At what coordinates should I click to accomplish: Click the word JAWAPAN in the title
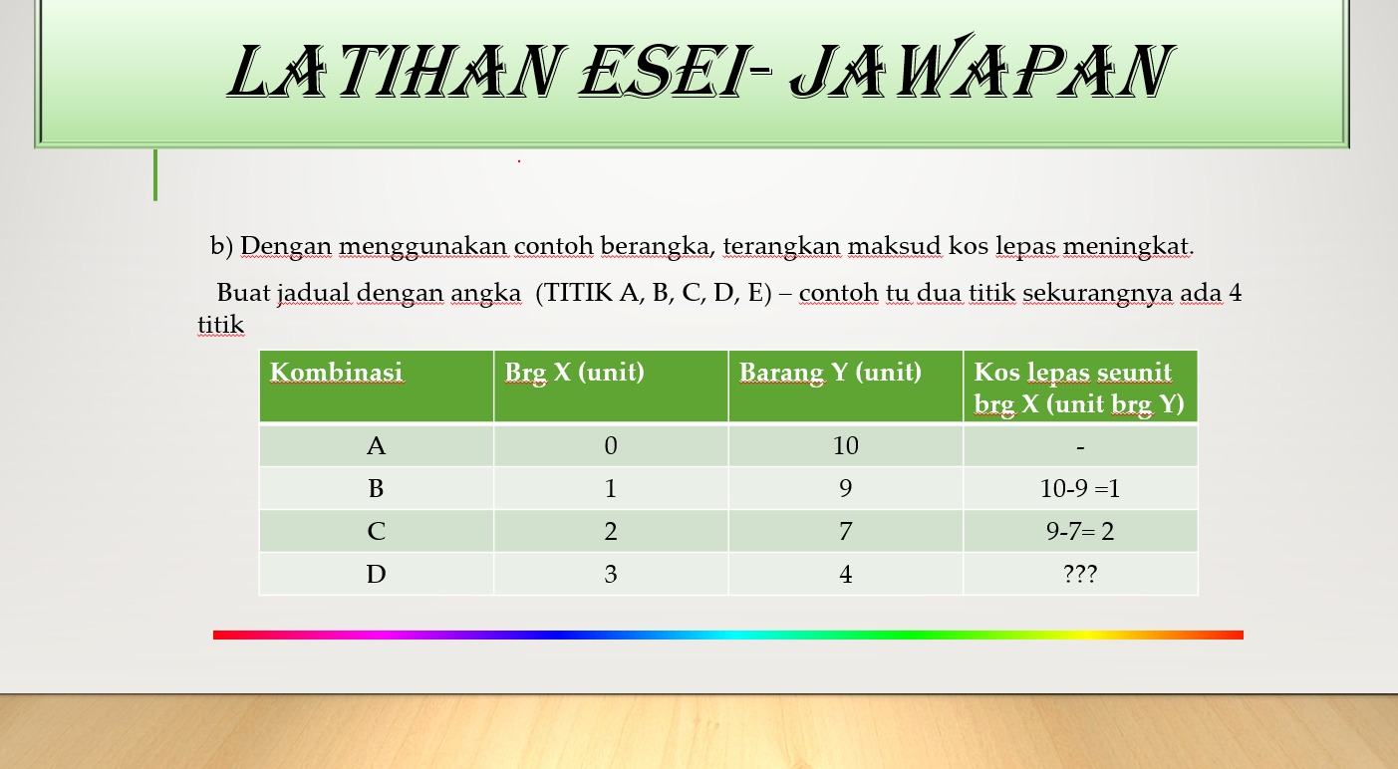pyautogui.click(x=982, y=69)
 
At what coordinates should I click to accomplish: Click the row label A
pyautogui.click(x=376, y=446)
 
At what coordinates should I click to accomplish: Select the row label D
pyautogui.click(x=376, y=574)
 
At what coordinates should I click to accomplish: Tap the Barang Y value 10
pyautogui.click(x=846, y=446)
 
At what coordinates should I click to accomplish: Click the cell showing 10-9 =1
pyautogui.click(x=1080, y=488)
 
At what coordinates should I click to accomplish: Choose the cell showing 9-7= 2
pyautogui.click(x=1080, y=531)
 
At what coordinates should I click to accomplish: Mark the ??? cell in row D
pyautogui.click(x=1080, y=574)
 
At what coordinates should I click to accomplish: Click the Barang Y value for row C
pyautogui.click(x=846, y=531)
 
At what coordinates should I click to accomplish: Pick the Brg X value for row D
pyautogui.click(x=611, y=574)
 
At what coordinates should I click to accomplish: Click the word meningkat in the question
pyautogui.click(x=1128, y=246)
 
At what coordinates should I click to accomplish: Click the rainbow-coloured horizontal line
pyautogui.click(x=727, y=635)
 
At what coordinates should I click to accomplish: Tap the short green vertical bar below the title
pyautogui.click(x=155, y=174)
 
